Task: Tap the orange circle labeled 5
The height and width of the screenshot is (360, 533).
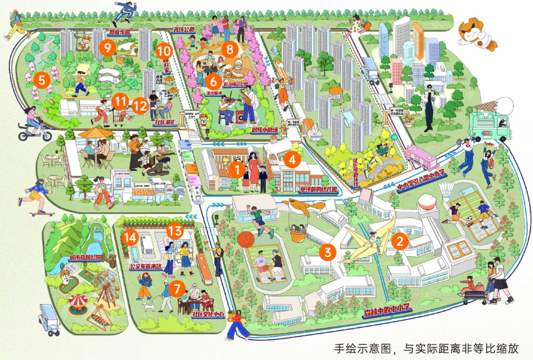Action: point(42,79)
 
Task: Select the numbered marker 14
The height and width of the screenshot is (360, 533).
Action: point(130,237)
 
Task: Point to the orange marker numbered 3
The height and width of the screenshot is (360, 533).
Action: point(327,252)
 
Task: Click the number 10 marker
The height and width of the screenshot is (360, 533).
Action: point(164,51)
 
